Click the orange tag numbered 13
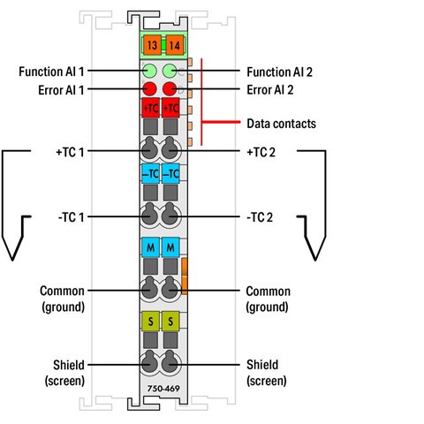152,45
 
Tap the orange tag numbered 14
174,45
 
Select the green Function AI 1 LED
150,71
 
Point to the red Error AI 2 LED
170,88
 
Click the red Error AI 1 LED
149,88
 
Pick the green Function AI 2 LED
170,71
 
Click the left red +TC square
150,108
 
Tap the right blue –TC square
170,174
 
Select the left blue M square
150,246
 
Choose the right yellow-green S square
170,321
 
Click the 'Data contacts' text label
281,124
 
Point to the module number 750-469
163,389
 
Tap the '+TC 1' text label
70,152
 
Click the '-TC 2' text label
260,217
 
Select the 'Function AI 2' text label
279,72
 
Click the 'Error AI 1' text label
61,90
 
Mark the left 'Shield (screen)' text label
64,373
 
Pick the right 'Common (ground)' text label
268,299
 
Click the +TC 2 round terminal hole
170,148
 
